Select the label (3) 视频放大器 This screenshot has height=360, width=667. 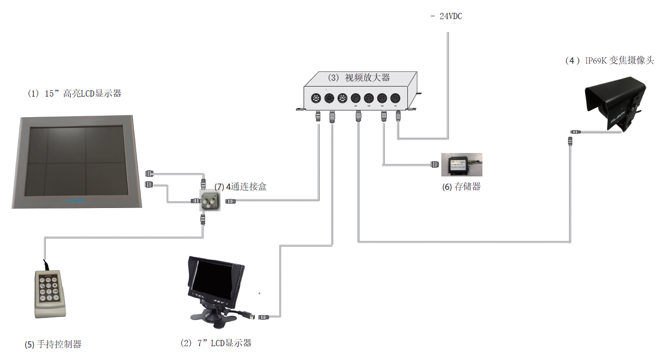point(359,77)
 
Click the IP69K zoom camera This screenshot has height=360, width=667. point(615,108)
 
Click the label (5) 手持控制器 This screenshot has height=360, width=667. point(53,344)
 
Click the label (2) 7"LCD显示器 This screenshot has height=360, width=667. point(216,343)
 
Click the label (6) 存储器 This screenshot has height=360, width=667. point(461,187)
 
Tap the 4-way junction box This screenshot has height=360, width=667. point(209,201)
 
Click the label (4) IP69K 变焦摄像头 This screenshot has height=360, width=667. point(609,61)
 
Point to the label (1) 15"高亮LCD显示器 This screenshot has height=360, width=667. point(75,94)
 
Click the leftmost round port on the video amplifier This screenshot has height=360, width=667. point(316,98)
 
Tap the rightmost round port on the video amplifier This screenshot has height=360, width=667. point(395,98)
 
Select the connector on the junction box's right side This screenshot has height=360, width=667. point(230,201)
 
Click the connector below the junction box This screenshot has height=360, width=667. point(203,220)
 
